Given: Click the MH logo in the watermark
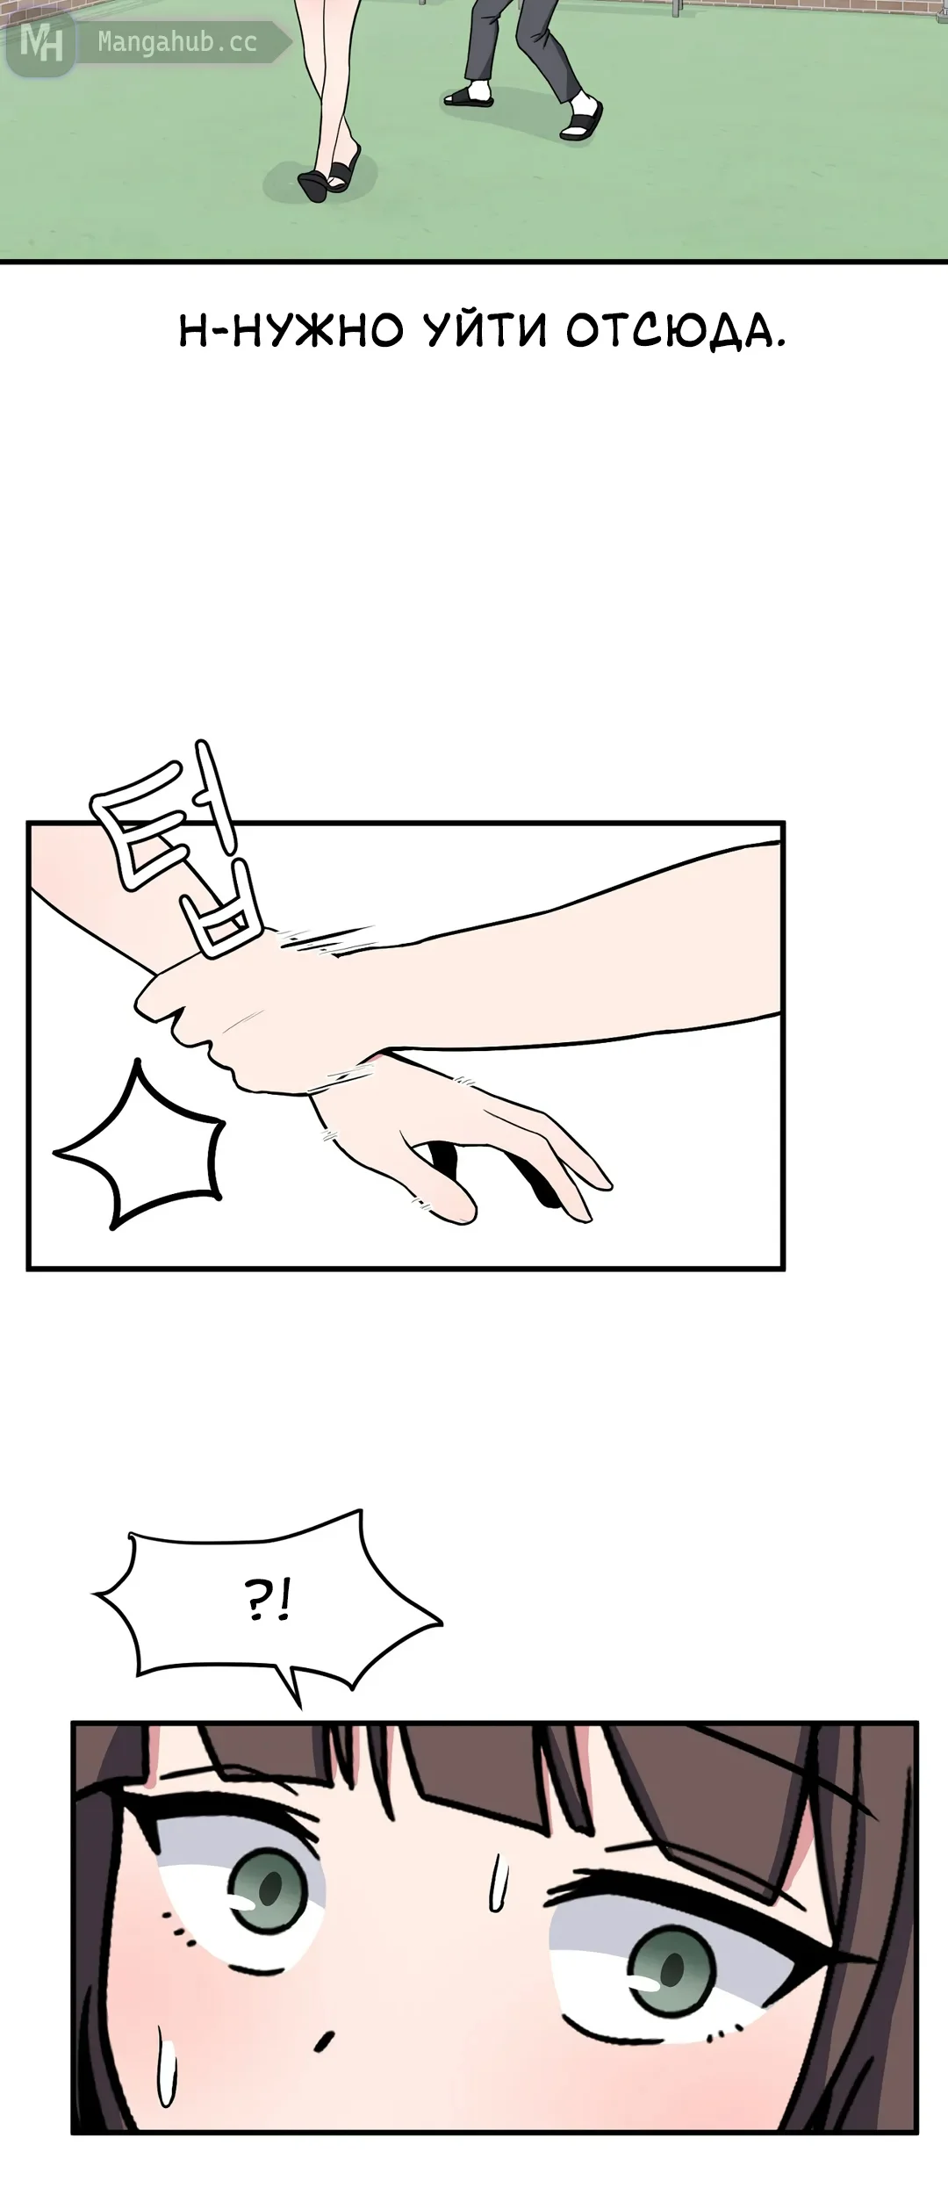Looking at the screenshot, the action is tap(41, 42).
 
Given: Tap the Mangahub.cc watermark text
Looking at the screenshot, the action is tap(177, 41).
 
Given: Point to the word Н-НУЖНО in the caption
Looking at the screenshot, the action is tap(291, 332).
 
